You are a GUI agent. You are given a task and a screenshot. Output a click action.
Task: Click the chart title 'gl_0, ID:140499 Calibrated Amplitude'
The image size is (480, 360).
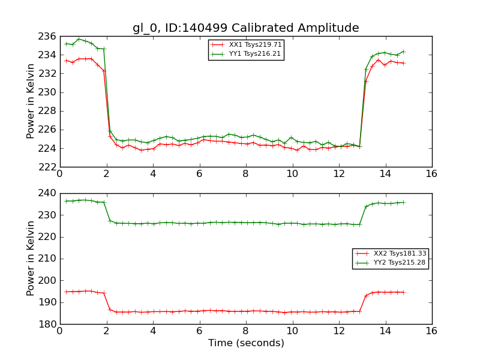[246, 28]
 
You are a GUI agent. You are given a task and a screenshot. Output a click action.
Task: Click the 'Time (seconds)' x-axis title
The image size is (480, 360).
[246, 343]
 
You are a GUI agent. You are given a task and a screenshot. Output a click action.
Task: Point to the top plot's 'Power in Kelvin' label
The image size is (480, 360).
[31, 101]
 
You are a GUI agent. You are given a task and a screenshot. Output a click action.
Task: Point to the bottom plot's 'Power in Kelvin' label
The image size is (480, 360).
[31, 259]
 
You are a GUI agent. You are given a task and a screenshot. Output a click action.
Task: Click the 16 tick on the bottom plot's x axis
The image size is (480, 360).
[432, 331]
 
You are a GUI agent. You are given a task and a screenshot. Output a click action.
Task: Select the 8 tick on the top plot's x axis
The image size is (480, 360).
[246, 173]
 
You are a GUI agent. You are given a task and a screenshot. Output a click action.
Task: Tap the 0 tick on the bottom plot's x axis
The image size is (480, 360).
[60, 331]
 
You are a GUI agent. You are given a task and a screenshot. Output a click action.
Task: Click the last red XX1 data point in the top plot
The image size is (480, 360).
[403, 63]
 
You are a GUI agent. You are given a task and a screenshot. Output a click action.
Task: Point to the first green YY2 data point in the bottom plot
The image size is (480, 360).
[66, 201]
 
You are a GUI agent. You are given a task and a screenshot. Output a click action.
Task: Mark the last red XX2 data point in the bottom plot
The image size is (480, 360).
[403, 292]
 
